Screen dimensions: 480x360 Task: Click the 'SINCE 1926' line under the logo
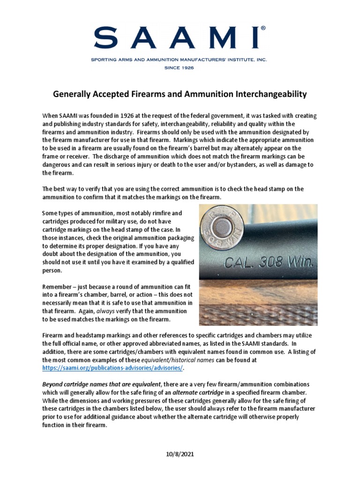[x=180, y=67]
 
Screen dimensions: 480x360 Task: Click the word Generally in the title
[x=72, y=94]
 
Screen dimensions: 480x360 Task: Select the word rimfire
[x=152, y=213]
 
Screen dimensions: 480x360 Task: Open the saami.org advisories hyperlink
[x=110, y=368]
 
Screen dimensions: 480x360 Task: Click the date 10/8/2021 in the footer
[x=180, y=455]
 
